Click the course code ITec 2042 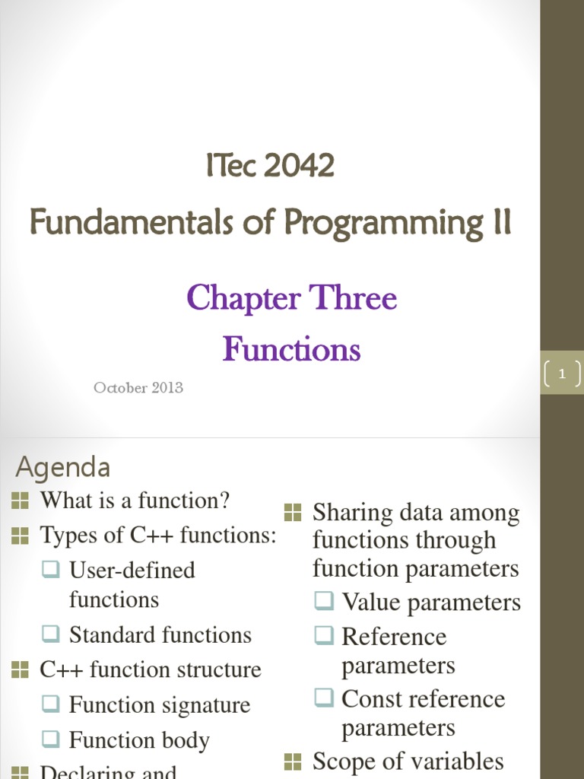click(x=270, y=165)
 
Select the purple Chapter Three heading click(x=291, y=297)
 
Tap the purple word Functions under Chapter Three click(x=291, y=349)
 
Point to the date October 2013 click(x=138, y=387)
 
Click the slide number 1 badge click(x=562, y=374)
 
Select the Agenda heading click(x=63, y=466)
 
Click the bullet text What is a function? click(x=135, y=501)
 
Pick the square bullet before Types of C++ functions click(x=21, y=536)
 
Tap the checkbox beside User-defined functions click(x=51, y=569)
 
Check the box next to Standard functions click(x=51, y=634)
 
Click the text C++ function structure click(x=150, y=669)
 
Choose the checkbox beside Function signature click(x=51, y=704)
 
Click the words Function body click(x=139, y=739)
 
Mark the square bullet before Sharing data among click(x=293, y=512)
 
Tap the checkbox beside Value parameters click(x=324, y=602)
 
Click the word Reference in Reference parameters click(x=394, y=636)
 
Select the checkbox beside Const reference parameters click(x=324, y=698)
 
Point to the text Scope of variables click(x=408, y=761)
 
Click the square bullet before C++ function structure click(x=21, y=669)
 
